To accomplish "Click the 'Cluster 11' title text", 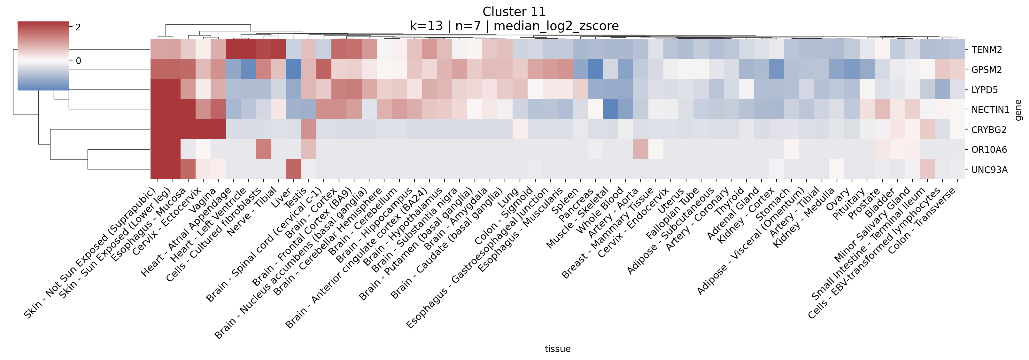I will pos(514,12).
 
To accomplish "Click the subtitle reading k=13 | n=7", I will pos(514,26).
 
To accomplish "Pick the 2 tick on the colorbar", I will pos(78,27).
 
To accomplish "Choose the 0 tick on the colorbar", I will pos(78,61).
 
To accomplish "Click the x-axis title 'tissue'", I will pos(557,349).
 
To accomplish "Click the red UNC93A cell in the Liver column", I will pos(294,169).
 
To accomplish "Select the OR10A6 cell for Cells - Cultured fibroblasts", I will pos(263,149).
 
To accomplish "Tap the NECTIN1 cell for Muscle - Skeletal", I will pos(610,109).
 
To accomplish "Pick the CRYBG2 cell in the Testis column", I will pos(309,129).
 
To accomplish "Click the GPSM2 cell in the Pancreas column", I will pos(595,69).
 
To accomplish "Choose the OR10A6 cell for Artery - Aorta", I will pos(641,149).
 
